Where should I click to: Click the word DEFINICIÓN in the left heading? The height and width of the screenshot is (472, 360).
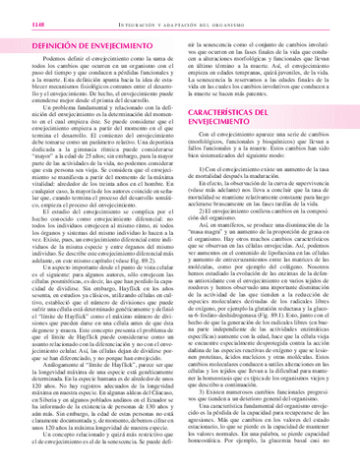[x=43, y=45]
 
